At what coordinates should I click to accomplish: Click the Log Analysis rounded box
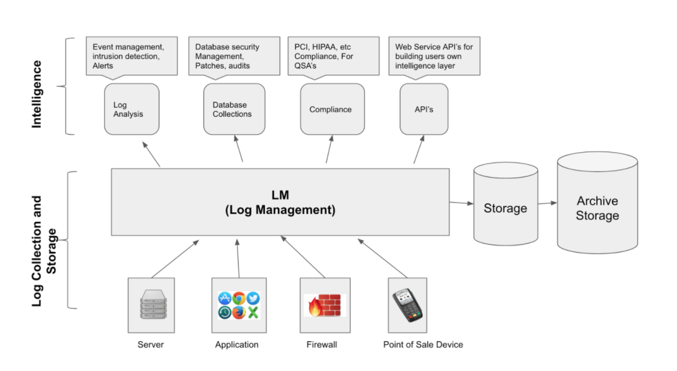(132, 109)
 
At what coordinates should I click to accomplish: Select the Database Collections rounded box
(234, 109)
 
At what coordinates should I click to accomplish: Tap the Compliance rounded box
(332, 109)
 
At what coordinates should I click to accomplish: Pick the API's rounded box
(424, 109)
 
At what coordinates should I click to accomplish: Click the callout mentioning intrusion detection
(132, 56)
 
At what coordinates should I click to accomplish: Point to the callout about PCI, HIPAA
(333, 56)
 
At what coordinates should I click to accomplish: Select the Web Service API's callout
(434, 56)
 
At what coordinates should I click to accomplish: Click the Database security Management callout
(234, 56)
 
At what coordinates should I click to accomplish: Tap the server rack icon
(153, 304)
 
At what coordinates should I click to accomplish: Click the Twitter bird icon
(253, 298)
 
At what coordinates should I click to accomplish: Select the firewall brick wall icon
(325, 305)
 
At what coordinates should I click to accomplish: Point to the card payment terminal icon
(407, 305)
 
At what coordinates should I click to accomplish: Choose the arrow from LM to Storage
(461, 203)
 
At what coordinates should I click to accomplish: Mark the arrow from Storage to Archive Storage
(547, 203)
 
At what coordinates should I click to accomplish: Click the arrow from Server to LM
(175, 259)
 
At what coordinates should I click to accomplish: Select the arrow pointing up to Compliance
(329, 149)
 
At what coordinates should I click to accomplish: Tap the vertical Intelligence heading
(36, 94)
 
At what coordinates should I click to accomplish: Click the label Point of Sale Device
(423, 344)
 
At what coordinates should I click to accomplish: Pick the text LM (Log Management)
(280, 203)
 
